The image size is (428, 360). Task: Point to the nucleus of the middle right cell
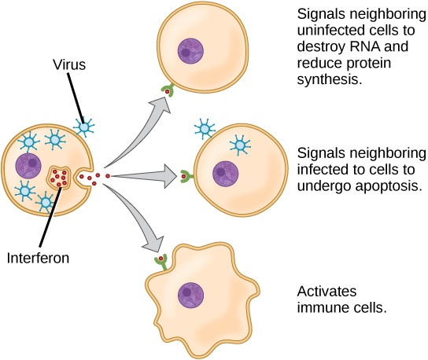[x=225, y=174]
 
